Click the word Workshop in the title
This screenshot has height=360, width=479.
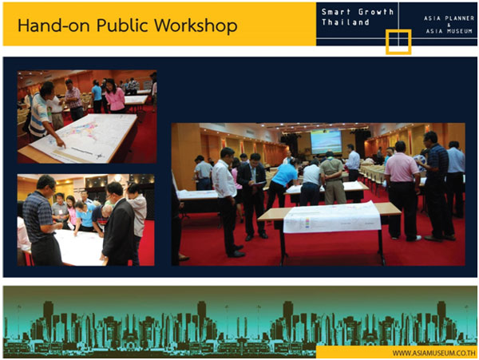pos(196,26)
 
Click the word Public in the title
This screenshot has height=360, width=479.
pos(123,26)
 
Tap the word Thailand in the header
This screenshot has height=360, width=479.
pos(346,22)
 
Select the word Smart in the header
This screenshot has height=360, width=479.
pos(336,12)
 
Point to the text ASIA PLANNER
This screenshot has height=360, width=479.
pos(449,18)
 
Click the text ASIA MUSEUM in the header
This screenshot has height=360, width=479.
pos(449,31)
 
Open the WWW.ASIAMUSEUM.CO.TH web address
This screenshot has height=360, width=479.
pos(433,353)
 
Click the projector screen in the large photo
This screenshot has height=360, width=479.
pos(326,141)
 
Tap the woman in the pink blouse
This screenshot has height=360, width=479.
pos(115,96)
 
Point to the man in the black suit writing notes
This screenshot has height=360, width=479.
pos(252,196)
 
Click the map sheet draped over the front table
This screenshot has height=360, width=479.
pos(332,217)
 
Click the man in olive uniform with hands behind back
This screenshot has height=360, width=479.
pos(332,177)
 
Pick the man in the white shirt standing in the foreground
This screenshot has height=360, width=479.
pos(227,201)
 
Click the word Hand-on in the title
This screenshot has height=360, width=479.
pos(53,26)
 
